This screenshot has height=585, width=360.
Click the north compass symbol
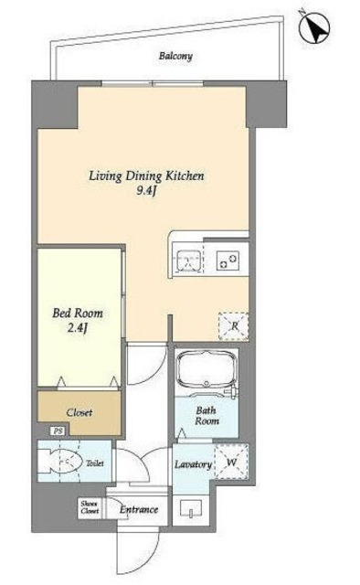click(x=313, y=28)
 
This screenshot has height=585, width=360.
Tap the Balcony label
click(x=175, y=57)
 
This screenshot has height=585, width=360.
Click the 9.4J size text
click(x=146, y=191)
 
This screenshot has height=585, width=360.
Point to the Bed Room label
click(x=78, y=313)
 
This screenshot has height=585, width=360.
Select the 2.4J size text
click(x=78, y=329)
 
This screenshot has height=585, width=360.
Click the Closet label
click(x=79, y=412)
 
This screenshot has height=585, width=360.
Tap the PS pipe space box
click(x=58, y=431)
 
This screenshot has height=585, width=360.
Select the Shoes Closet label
click(x=90, y=507)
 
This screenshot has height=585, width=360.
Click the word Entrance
click(x=139, y=510)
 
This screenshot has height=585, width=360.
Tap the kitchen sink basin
click(x=189, y=260)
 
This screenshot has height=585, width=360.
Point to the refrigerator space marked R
click(x=234, y=326)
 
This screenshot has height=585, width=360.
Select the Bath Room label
click(x=206, y=416)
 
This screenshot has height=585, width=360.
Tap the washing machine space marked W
click(x=231, y=463)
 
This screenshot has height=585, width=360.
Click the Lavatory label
click(x=193, y=465)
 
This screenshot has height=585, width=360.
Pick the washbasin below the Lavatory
click(x=191, y=509)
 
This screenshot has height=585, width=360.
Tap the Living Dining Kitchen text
click(x=146, y=175)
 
